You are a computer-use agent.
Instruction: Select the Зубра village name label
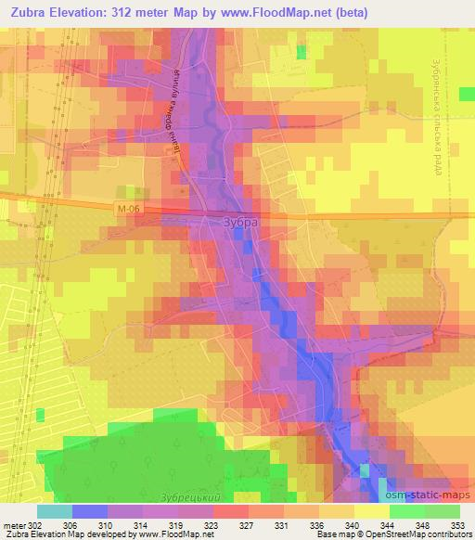242,223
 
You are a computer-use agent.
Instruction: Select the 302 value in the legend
37,524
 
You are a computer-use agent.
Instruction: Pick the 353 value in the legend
458,524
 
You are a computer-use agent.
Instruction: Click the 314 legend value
142,524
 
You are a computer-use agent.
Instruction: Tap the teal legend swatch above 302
55,510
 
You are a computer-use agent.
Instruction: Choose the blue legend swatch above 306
90,510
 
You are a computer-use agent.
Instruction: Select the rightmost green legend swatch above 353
442,510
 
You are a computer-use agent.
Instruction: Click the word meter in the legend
14,524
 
